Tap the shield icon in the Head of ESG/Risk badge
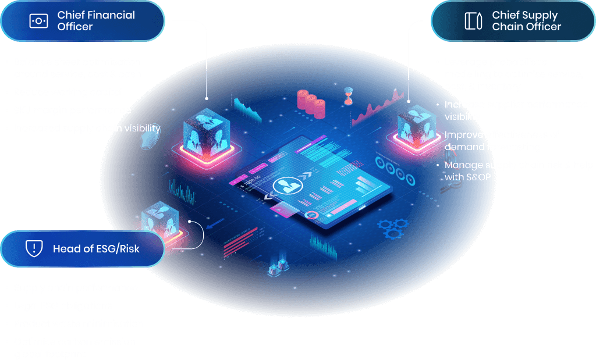pyautogui.click(x=34, y=249)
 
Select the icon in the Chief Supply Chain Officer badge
pyautogui.click(x=473, y=21)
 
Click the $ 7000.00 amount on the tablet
pyautogui.click(x=253, y=183)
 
